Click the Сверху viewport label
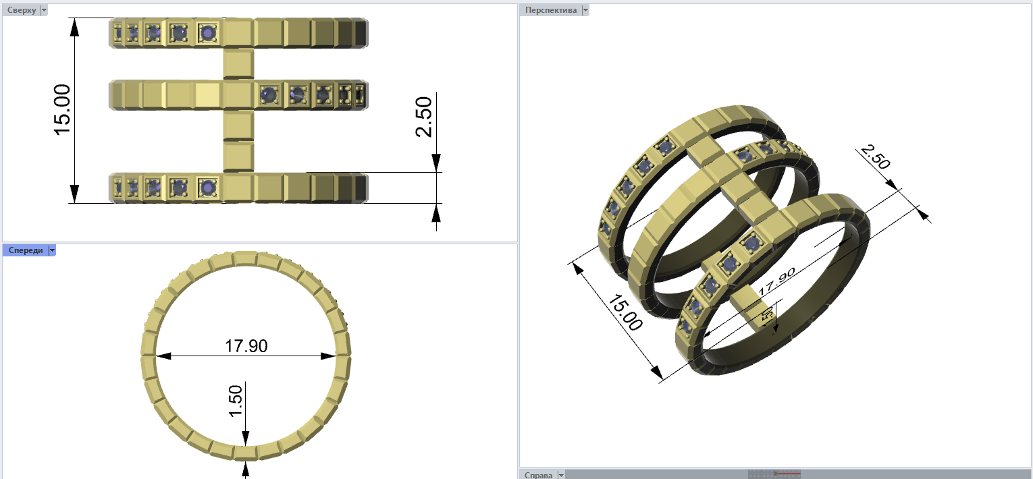click(21, 10)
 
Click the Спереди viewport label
click(26, 250)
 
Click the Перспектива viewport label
click(551, 10)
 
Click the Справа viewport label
click(538, 475)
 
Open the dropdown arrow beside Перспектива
click(585, 10)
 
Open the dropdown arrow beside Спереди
click(52, 250)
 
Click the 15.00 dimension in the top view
click(62, 110)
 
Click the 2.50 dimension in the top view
click(424, 117)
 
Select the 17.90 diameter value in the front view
click(246, 346)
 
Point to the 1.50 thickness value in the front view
click(235, 401)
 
